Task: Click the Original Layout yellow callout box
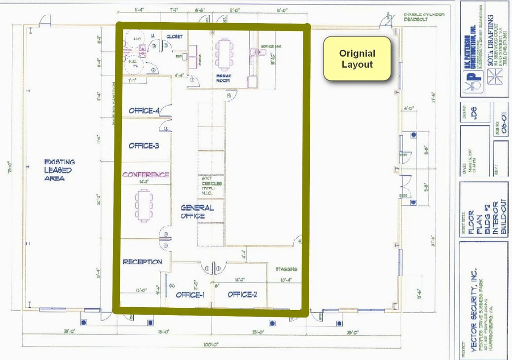[x=357, y=59]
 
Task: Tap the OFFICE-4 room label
[x=144, y=111]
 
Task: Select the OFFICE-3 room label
[x=144, y=145]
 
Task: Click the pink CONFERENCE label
[x=146, y=175]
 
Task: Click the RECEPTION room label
[x=143, y=261]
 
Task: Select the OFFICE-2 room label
[x=243, y=294]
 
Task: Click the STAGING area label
[x=287, y=269]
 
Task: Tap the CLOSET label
[x=175, y=36]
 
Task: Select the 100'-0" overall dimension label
[x=212, y=344]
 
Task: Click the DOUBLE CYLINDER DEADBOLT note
[x=425, y=17]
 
